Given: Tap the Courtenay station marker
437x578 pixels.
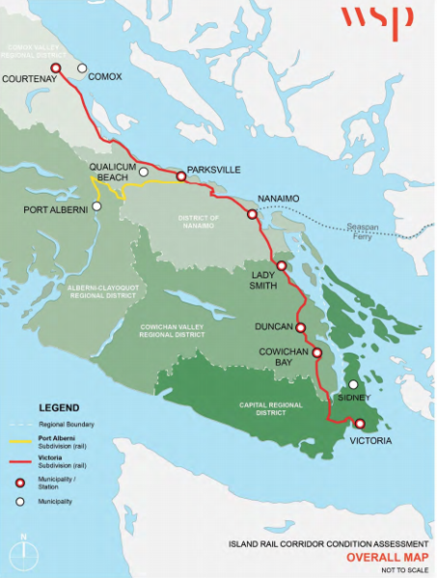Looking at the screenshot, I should pyautogui.click(x=56, y=67).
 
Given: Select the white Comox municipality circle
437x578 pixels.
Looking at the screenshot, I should pyautogui.click(x=82, y=68).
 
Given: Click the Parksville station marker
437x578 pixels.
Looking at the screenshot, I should pyautogui.click(x=180, y=176).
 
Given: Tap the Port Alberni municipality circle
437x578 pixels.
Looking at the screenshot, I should pyautogui.click(x=96, y=205).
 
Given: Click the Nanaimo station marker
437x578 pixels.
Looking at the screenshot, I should pyautogui.click(x=252, y=212).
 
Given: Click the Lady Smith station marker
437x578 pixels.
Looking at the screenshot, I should pyautogui.click(x=281, y=266).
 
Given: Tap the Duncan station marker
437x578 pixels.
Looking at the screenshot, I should pyautogui.click(x=300, y=328).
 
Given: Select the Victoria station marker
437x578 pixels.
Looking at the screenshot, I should pyautogui.click(x=360, y=424).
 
